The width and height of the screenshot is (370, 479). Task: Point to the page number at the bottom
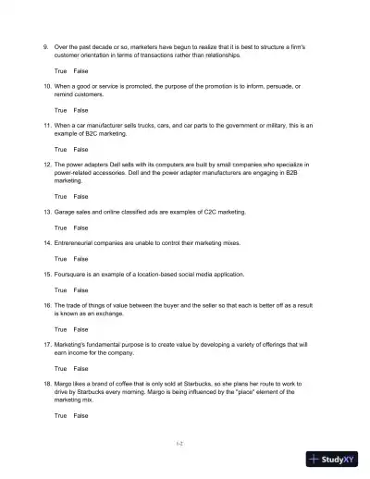(181, 444)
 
